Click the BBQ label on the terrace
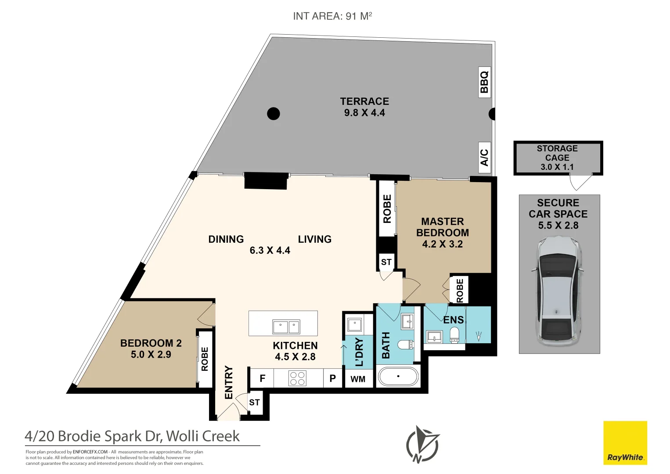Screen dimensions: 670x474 click(484, 82)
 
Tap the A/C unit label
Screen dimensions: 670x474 click(484, 158)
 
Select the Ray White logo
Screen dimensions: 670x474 click(625, 443)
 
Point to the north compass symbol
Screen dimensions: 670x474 click(422, 445)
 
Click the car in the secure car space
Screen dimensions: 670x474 click(557, 291)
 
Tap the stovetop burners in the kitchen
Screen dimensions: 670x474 click(298, 378)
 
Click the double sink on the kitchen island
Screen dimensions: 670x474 click(286, 327)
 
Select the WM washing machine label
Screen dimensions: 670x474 click(358, 379)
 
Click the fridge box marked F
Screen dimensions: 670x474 click(262, 378)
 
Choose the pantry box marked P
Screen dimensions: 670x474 click(333, 378)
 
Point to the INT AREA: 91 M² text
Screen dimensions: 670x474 click(332, 16)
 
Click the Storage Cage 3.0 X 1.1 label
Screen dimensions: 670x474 click(557, 158)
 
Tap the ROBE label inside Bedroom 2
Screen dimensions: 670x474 click(205, 359)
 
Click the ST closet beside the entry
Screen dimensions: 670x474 click(254, 402)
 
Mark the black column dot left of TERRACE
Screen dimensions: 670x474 click(274, 114)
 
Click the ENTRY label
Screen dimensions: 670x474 click(228, 382)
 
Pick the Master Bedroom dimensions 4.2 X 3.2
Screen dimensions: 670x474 click(443, 244)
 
